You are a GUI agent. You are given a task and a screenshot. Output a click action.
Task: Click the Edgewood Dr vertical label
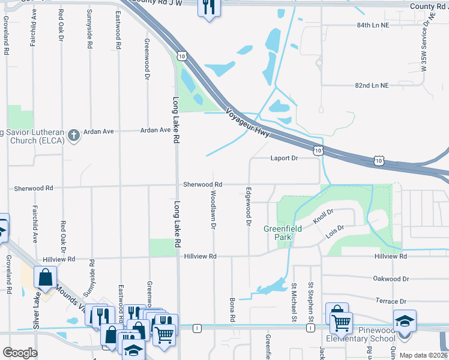[x=248, y=207]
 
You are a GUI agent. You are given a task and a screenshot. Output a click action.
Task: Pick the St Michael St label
[x=294, y=302]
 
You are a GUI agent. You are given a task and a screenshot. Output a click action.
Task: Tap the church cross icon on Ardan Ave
[x=73, y=135]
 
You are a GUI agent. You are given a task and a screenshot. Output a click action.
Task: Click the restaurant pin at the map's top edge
[x=208, y=7]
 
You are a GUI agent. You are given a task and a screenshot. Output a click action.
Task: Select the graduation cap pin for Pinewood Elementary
[x=405, y=320]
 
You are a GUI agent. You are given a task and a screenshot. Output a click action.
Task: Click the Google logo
[x=19, y=353]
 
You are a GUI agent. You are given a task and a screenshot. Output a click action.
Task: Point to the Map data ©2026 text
[x=423, y=355]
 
